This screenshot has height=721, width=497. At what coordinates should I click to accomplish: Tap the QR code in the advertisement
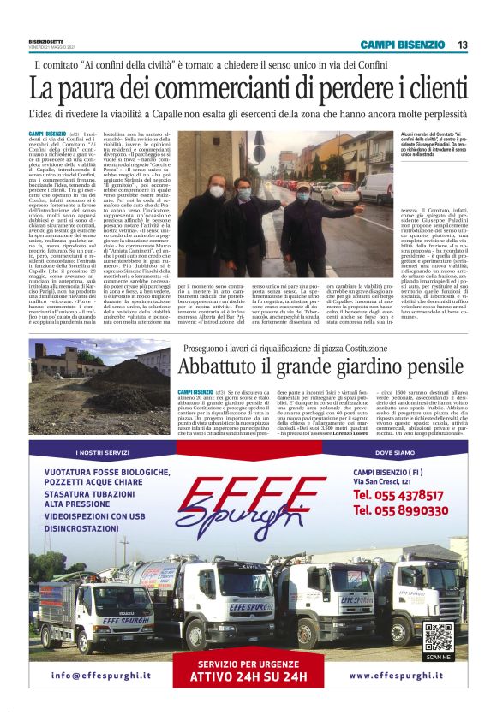(437, 637)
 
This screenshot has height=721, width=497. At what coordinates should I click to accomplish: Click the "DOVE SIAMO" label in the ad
(394, 452)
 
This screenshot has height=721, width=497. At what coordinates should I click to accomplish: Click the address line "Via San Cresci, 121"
(386, 482)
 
